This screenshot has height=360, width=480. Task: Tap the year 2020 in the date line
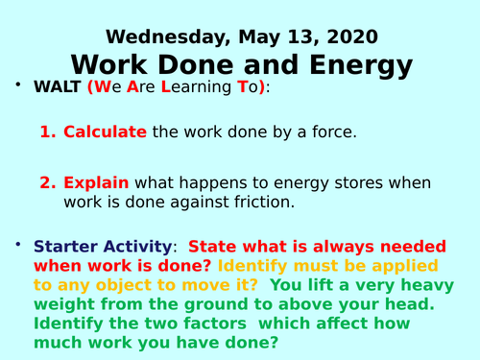click(x=350, y=37)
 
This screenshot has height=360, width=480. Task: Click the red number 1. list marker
click(x=49, y=132)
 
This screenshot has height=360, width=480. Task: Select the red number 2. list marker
click(x=49, y=182)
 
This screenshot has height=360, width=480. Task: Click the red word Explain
click(x=96, y=182)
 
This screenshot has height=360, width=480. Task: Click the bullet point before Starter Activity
click(x=18, y=247)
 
